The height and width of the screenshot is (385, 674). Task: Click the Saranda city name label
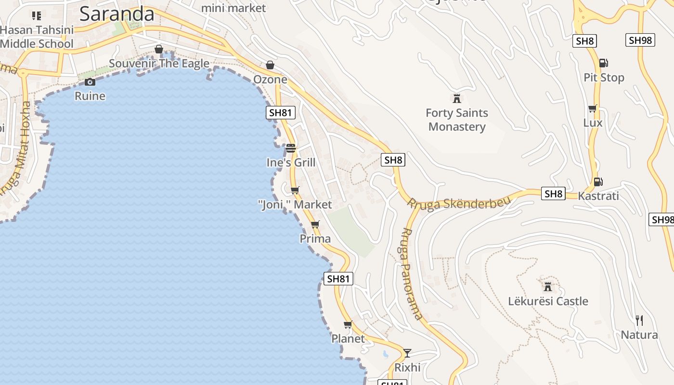(x=117, y=13)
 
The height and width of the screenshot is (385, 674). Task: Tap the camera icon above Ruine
(x=90, y=82)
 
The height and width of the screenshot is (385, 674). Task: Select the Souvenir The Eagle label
(x=159, y=64)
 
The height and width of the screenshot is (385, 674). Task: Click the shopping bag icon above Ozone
(x=270, y=65)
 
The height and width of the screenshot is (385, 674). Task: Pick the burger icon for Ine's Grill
(x=291, y=148)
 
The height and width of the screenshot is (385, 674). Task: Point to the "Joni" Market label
(x=295, y=205)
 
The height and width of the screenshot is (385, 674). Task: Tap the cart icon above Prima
(x=315, y=224)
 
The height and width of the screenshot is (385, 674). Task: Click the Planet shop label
(x=348, y=339)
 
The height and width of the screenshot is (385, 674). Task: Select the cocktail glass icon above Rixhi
(x=407, y=353)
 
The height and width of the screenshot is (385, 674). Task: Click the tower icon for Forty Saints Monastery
(x=457, y=99)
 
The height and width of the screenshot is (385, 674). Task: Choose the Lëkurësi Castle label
(x=548, y=301)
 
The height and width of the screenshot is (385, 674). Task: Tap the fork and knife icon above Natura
(x=639, y=321)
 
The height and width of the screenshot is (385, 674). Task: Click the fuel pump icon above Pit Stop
(x=603, y=63)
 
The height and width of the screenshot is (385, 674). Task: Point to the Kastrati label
(x=598, y=196)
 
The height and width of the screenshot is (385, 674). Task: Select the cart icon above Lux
(x=593, y=108)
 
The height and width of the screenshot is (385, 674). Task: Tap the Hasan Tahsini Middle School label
(x=37, y=37)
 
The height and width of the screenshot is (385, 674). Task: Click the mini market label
(x=233, y=8)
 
